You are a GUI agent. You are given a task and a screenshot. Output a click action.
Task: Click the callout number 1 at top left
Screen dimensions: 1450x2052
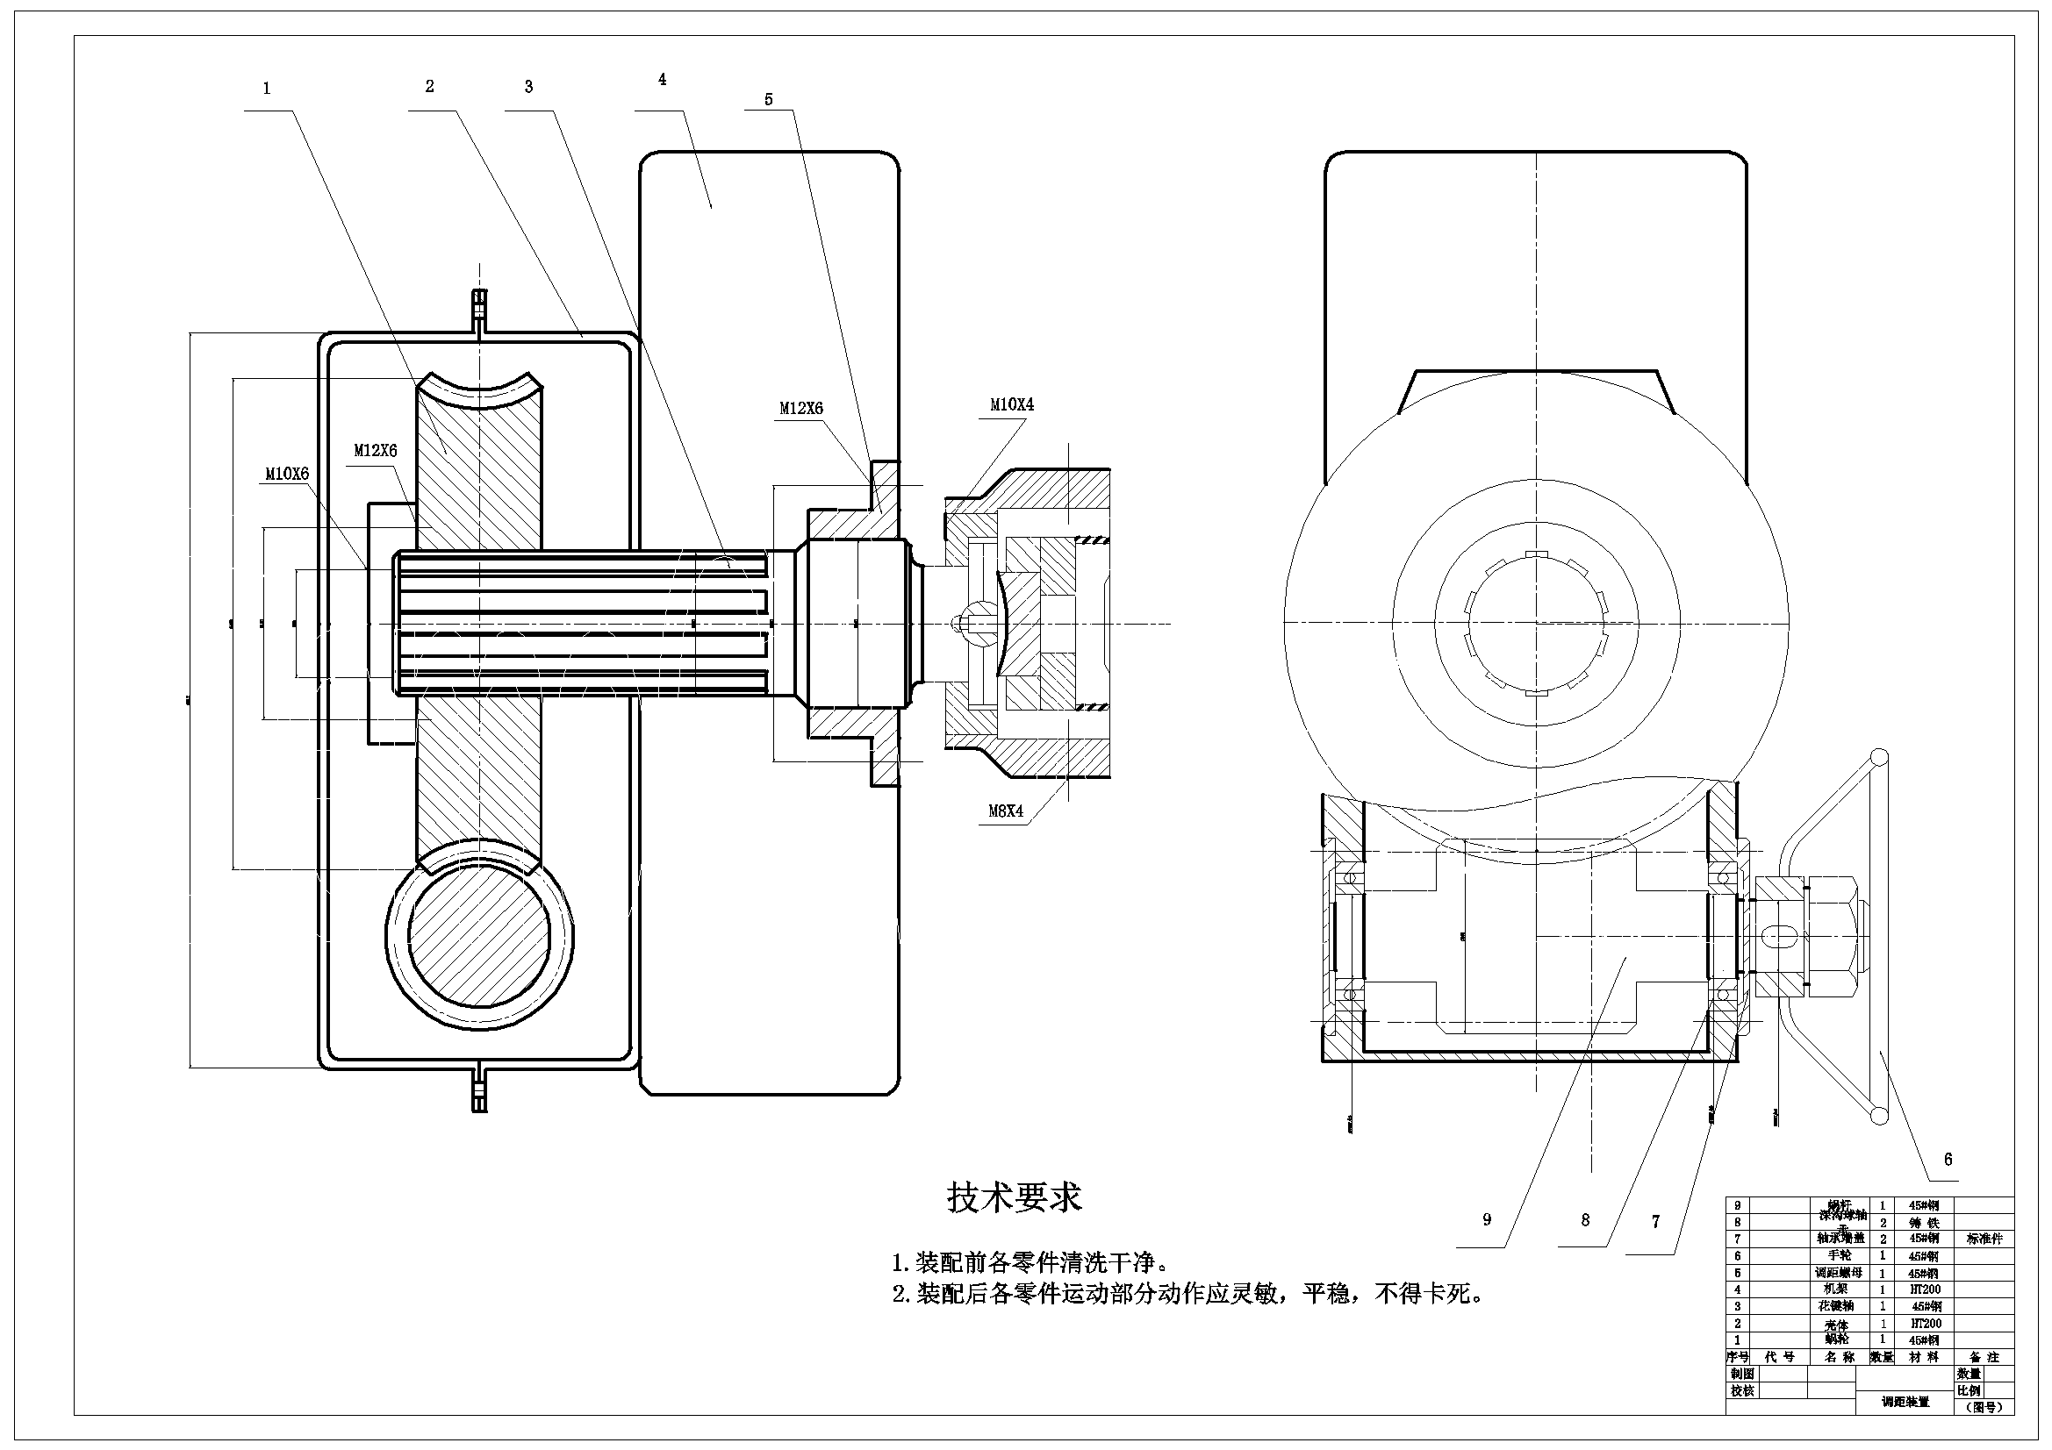[266, 89]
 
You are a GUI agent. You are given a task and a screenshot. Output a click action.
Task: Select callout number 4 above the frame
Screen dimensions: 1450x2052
[663, 80]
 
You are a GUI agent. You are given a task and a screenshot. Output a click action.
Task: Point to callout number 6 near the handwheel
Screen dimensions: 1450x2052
[1948, 1159]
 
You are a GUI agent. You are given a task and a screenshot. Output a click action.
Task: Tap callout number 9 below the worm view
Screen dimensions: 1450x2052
[1487, 1219]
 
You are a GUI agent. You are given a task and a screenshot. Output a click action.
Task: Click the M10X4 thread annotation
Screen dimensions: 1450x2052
[1012, 404]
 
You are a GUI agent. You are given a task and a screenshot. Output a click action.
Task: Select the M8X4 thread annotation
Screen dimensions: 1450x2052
[1006, 811]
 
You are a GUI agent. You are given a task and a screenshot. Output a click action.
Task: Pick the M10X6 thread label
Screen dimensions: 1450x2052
[287, 474]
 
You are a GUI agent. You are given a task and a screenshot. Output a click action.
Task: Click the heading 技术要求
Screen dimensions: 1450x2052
[1015, 1197]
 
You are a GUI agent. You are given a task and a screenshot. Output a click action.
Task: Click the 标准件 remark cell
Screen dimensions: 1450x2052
[1984, 1239]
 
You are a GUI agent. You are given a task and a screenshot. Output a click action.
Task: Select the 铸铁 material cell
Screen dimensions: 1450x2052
[1923, 1222]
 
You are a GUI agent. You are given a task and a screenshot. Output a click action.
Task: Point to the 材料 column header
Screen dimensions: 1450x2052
[1923, 1357]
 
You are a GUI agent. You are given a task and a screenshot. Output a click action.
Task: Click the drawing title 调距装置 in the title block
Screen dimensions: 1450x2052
[1905, 1402]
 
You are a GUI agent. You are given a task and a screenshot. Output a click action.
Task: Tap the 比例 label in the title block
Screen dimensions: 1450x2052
[1969, 1391]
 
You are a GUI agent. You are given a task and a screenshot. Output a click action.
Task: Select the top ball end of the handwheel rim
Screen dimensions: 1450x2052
[1879, 758]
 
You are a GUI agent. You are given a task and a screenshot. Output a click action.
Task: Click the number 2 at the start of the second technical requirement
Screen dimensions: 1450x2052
[900, 1294]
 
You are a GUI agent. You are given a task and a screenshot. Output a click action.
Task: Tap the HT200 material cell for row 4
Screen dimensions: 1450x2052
[1923, 1289]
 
